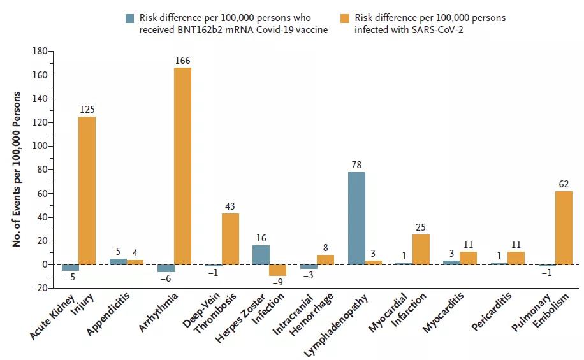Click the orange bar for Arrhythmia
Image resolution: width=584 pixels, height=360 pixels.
click(x=182, y=166)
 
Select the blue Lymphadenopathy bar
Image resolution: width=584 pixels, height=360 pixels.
click(x=357, y=218)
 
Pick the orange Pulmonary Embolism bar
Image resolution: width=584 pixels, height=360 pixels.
click(x=564, y=227)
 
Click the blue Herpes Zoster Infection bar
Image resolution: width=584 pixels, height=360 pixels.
click(x=261, y=255)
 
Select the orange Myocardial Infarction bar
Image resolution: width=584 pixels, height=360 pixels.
click(x=421, y=249)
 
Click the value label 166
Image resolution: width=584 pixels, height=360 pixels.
click(x=182, y=61)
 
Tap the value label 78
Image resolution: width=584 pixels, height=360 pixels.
click(x=357, y=165)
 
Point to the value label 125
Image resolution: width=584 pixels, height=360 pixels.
click(x=87, y=110)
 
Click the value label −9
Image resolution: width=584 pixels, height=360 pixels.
click(x=278, y=283)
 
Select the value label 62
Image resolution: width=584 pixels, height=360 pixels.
click(x=564, y=184)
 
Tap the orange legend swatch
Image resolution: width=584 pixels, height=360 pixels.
click(x=347, y=18)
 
